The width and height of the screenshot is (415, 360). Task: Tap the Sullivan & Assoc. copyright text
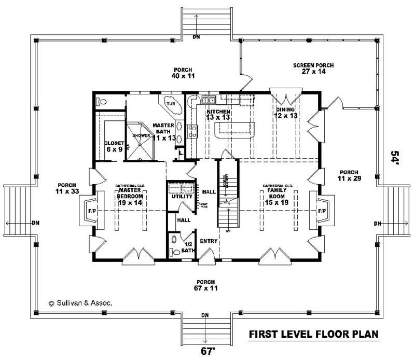point(80,302)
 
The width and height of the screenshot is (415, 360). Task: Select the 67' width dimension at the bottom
point(207,351)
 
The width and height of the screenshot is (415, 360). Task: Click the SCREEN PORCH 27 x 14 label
point(313,68)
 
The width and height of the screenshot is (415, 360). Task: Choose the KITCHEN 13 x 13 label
point(218,115)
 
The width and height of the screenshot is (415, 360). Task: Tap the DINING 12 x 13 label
point(285,113)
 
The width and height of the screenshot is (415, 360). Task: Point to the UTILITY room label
point(178,197)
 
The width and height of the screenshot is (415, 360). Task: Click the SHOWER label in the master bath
point(141,135)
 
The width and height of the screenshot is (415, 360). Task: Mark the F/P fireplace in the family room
point(321,211)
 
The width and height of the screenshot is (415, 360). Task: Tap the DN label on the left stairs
point(36,223)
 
